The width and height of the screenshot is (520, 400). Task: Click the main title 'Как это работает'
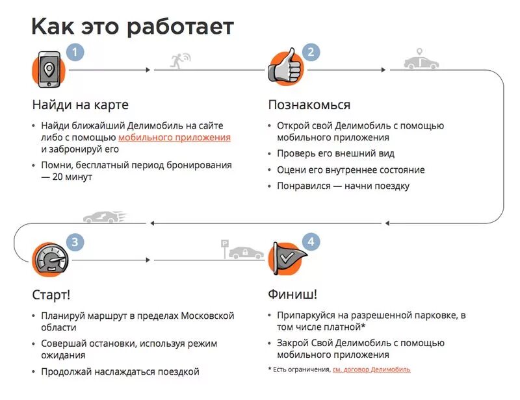tap(133, 27)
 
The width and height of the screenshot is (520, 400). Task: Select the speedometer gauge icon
tap(49, 260)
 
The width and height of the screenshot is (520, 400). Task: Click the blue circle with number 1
tap(76, 52)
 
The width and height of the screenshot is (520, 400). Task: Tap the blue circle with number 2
tap(311, 52)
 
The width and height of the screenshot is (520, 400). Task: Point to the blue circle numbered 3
tap(76, 243)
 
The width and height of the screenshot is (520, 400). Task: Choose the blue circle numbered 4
tap(311, 242)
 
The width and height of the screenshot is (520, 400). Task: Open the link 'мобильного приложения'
tap(174, 138)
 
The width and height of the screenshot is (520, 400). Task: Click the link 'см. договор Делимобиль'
tap(371, 369)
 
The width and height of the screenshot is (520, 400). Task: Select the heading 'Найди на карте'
tap(81, 105)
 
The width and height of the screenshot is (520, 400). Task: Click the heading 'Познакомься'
tap(309, 105)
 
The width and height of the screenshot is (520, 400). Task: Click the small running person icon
tap(177, 60)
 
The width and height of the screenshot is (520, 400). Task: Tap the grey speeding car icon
tap(104, 217)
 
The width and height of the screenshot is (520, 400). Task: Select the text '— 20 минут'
tap(67, 177)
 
